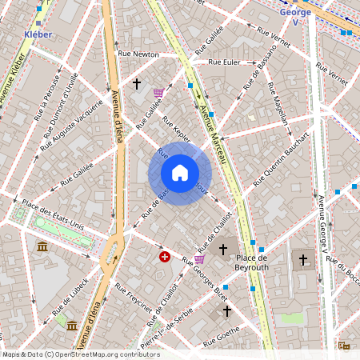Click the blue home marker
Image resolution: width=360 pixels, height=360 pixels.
(x=180, y=173)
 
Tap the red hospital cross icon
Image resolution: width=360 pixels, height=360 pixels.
(x=165, y=257)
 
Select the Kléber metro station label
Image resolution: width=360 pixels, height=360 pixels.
(x=38, y=35)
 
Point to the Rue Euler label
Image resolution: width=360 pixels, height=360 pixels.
(x=224, y=62)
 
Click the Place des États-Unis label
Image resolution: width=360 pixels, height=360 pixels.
(x=54, y=215)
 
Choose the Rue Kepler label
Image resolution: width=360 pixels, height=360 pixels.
(x=175, y=130)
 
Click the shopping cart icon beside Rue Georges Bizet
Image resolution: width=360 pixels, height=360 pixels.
(x=199, y=258)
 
